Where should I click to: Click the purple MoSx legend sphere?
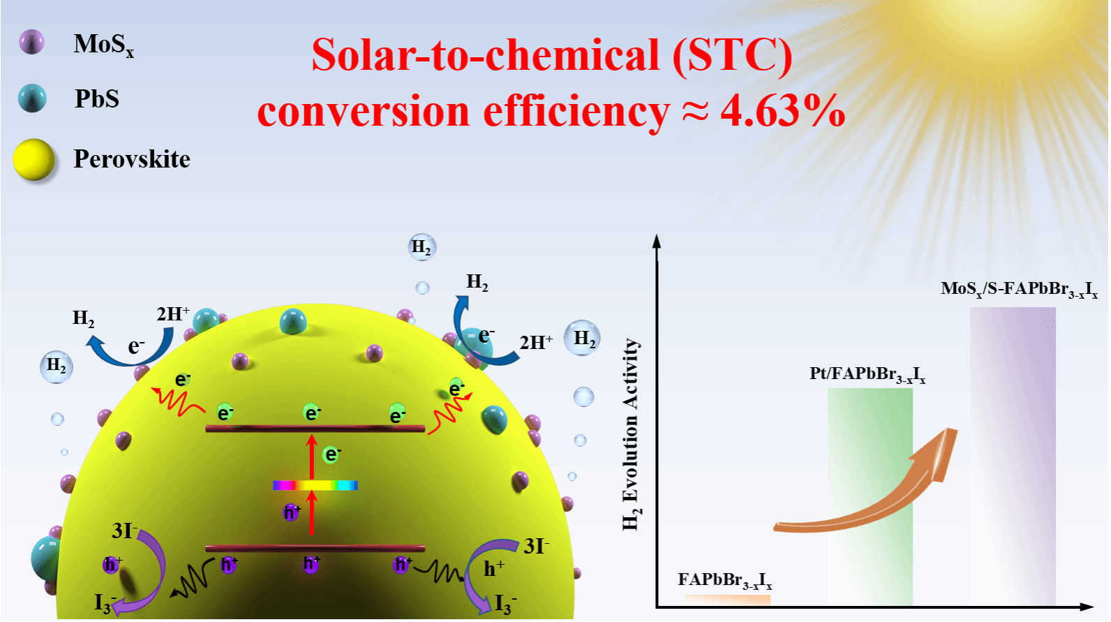(x=32, y=42)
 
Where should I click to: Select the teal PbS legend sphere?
(x=32, y=98)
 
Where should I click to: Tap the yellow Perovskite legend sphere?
(x=34, y=159)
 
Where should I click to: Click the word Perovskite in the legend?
(x=132, y=159)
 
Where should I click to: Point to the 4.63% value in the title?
(x=782, y=111)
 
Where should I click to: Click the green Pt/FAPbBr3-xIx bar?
(x=870, y=496)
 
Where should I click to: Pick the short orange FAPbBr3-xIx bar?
(x=728, y=600)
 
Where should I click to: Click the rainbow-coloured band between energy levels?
(x=315, y=485)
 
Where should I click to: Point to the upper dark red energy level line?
(x=315, y=429)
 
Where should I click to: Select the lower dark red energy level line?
(x=315, y=548)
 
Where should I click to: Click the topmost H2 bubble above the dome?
(x=422, y=246)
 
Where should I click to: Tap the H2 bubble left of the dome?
(x=57, y=366)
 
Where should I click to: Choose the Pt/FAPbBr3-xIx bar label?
(x=867, y=375)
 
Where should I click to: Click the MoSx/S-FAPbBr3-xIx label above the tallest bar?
(x=1019, y=289)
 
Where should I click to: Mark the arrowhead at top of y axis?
(x=657, y=241)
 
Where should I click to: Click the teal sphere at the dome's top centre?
(x=293, y=321)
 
